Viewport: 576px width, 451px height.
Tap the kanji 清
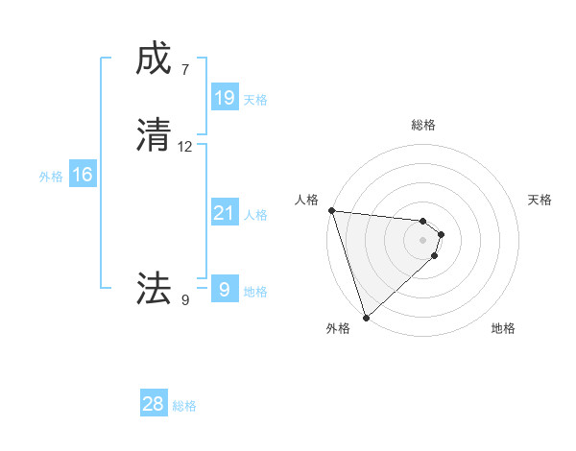click(x=154, y=135)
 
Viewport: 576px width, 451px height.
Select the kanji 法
click(x=154, y=287)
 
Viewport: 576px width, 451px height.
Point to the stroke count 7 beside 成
click(x=185, y=70)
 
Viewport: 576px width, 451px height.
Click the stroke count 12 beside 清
click(x=185, y=147)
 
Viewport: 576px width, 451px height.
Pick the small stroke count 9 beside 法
click(x=185, y=299)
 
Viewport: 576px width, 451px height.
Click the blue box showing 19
click(x=224, y=97)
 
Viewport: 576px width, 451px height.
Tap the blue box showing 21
click(x=224, y=213)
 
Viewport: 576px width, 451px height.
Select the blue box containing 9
click(x=224, y=289)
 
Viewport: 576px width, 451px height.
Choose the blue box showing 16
click(x=83, y=175)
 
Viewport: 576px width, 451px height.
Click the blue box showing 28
click(x=154, y=404)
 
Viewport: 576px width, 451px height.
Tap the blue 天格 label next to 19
click(x=255, y=99)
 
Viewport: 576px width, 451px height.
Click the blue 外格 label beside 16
click(x=51, y=177)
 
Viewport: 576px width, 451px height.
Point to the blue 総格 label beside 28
click(x=184, y=406)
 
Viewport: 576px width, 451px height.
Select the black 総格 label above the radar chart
click(x=422, y=125)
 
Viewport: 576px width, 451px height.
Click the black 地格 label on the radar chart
click(x=503, y=329)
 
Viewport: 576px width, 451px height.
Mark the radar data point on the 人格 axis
click(x=331, y=210)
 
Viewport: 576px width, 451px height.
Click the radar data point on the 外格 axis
click(x=366, y=318)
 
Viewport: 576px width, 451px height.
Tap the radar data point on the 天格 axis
click(x=442, y=234)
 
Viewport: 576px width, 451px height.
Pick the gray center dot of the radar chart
click(x=422, y=240)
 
